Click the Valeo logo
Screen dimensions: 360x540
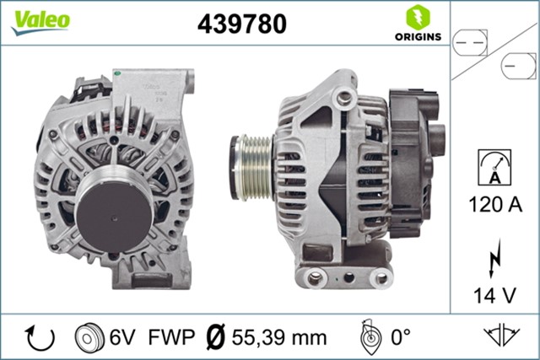[x=40, y=21]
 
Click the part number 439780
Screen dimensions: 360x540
[x=242, y=24]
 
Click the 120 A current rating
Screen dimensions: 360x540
[x=495, y=203]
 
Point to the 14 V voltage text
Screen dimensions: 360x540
[x=495, y=295]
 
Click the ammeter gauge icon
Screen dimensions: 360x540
[x=494, y=167]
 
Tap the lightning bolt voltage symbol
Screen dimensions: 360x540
[x=494, y=255]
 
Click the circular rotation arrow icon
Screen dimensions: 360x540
[x=40, y=337]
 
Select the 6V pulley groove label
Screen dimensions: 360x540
[x=121, y=337]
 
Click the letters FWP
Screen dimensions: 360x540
[x=172, y=337]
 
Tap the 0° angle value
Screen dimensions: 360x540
[x=398, y=337]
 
